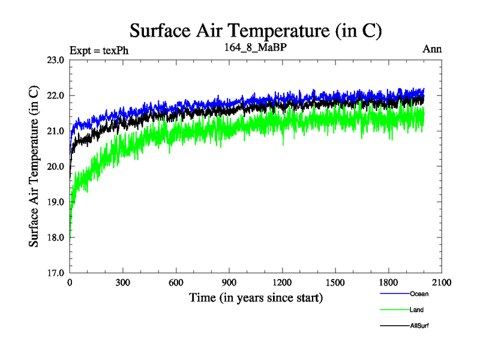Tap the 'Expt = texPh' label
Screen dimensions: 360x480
click(x=99, y=50)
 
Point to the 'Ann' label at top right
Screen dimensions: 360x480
click(x=432, y=49)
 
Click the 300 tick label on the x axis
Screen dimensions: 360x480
click(x=123, y=283)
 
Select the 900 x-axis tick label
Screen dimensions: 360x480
click(x=229, y=283)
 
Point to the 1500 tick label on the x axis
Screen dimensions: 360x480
click(x=335, y=283)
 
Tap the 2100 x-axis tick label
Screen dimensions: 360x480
click(x=442, y=283)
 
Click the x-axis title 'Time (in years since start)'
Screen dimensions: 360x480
click(x=256, y=298)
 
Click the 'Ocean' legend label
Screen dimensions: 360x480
click(x=419, y=294)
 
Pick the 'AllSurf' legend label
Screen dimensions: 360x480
click(x=420, y=325)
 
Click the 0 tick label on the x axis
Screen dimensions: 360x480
click(x=70, y=283)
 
